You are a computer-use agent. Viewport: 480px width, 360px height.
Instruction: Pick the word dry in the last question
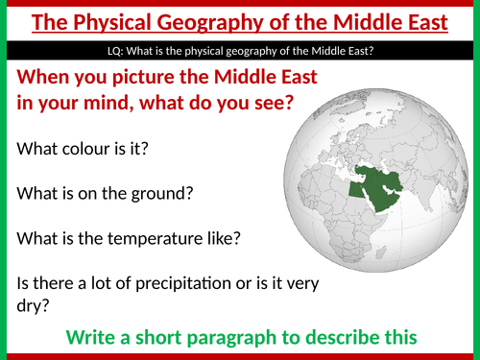pos(31,306)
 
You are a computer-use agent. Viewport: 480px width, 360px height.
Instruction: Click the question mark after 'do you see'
pos(286,104)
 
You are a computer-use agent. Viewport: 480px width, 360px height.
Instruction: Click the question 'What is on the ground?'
pos(106,193)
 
